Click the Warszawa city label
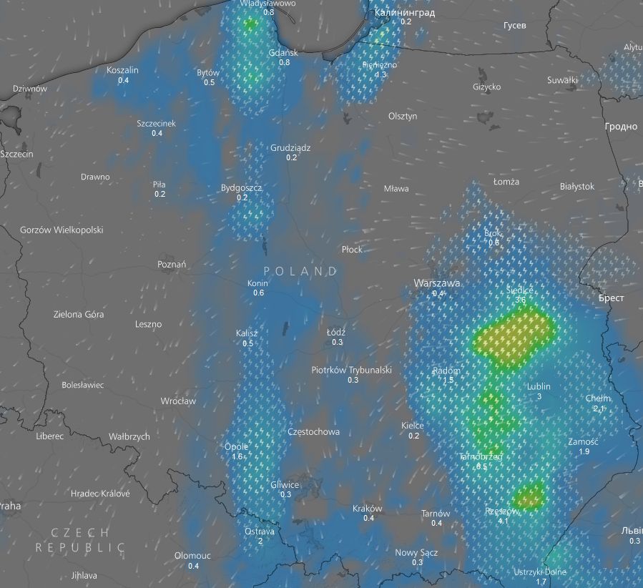436,283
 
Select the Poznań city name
172,265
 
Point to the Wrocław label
178,401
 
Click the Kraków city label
368,509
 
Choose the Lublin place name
539,387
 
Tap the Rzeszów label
501,511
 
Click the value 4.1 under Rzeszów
503,521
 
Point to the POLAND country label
300,272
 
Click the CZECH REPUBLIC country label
80,540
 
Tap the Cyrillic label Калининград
404,12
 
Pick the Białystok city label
577,187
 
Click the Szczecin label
17,154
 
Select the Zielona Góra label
79,314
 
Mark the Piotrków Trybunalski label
352,370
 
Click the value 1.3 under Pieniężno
381,74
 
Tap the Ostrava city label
260,531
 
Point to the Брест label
612,298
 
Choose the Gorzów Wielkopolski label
62,230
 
